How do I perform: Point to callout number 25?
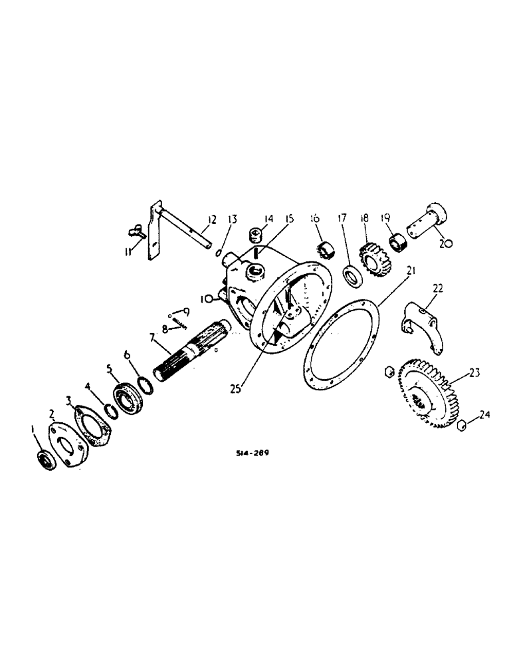pyautogui.click(x=239, y=385)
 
